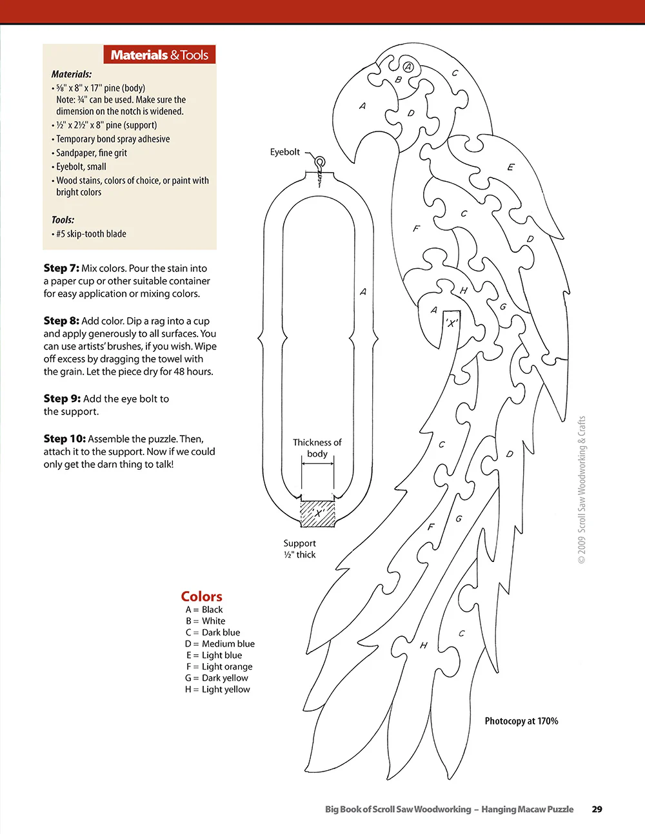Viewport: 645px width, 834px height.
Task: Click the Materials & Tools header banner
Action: click(159, 55)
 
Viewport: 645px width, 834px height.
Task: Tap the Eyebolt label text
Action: click(285, 152)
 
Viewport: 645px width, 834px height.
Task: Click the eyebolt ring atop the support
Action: click(319, 163)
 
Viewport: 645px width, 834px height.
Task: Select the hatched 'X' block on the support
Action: click(317, 513)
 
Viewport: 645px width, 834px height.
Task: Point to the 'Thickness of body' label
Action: click(317, 448)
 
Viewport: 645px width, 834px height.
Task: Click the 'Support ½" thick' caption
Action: click(300, 548)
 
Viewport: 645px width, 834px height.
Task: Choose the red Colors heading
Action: click(201, 596)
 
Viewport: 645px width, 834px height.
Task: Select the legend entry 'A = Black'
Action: click(204, 610)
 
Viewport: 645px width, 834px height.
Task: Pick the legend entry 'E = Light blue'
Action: click(213, 655)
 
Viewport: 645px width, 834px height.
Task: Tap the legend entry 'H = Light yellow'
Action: click(217, 689)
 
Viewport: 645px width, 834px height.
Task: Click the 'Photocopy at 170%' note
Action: click(521, 721)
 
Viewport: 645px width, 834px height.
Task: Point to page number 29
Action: click(597, 809)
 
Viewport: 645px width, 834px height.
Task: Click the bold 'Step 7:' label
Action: click(61, 268)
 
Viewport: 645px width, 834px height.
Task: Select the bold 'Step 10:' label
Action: click(64, 438)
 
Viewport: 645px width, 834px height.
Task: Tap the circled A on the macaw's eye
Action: click(408, 66)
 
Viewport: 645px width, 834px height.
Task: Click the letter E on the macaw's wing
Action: click(511, 167)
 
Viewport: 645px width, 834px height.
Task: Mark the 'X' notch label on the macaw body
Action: click(451, 322)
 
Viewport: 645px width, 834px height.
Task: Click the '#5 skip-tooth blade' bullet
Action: click(91, 234)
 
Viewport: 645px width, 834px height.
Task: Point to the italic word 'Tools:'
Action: click(63, 220)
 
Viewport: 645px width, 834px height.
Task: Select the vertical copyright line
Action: click(582, 490)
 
